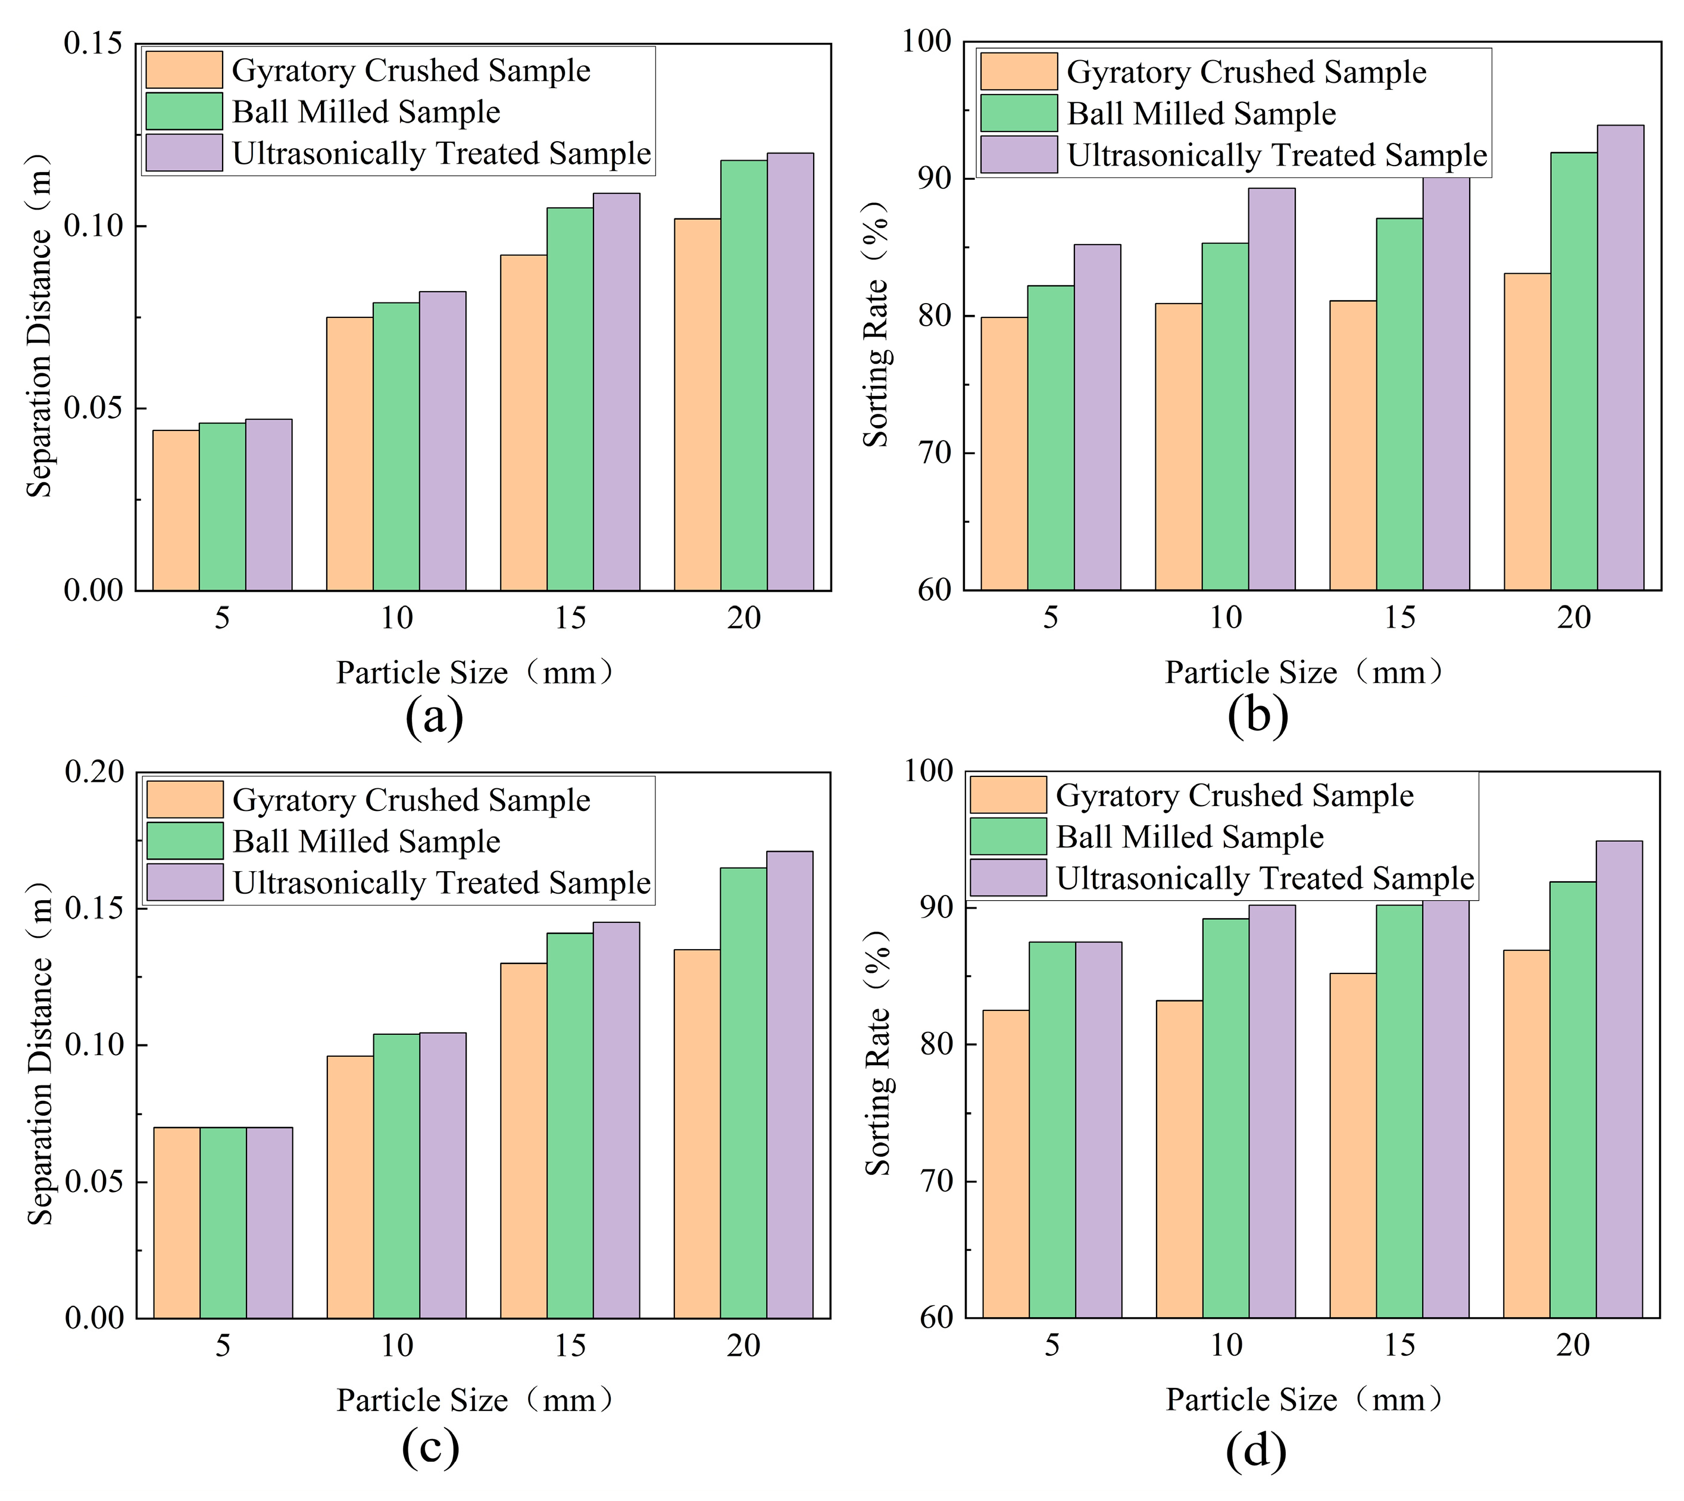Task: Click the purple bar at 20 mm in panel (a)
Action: pos(790,372)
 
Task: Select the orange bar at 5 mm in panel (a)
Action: pos(176,510)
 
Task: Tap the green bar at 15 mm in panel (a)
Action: pos(570,399)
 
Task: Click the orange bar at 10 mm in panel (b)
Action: pos(1179,447)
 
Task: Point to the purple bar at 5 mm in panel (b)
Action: pos(1097,417)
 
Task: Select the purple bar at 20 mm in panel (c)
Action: pos(790,1084)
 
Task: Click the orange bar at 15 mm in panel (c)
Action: pos(524,1141)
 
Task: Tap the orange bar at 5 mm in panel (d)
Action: pos(1006,1163)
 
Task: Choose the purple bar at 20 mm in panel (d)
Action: pos(1620,1079)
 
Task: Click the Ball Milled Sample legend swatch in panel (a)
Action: pos(184,111)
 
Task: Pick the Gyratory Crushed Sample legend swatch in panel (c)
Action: pos(185,799)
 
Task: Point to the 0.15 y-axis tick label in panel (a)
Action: pos(94,43)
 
